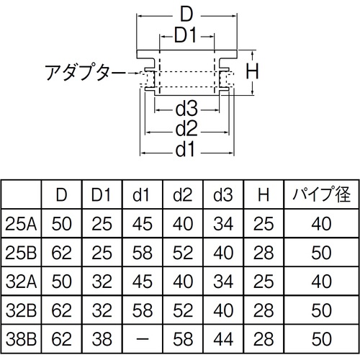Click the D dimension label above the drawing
(x=186, y=14)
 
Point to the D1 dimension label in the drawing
(x=186, y=35)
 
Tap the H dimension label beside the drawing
(x=252, y=71)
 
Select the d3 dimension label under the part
(x=186, y=109)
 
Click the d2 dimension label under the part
(x=186, y=129)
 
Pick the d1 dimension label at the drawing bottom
(x=185, y=150)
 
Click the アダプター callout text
(x=85, y=72)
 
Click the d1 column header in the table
(x=141, y=194)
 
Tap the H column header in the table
(x=264, y=194)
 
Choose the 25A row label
(x=21, y=224)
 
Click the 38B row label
(x=21, y=339)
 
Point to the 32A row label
(x=21, y=282)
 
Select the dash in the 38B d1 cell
(x=143, y=339)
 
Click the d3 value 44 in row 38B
(x=223, y=339)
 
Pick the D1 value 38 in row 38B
(x=102, y=339)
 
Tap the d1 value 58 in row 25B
(x=143, y=253)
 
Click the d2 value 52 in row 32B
(x=183, y=310)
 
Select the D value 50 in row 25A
(x=62, y=224)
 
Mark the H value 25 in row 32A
(x=264, y=282)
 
